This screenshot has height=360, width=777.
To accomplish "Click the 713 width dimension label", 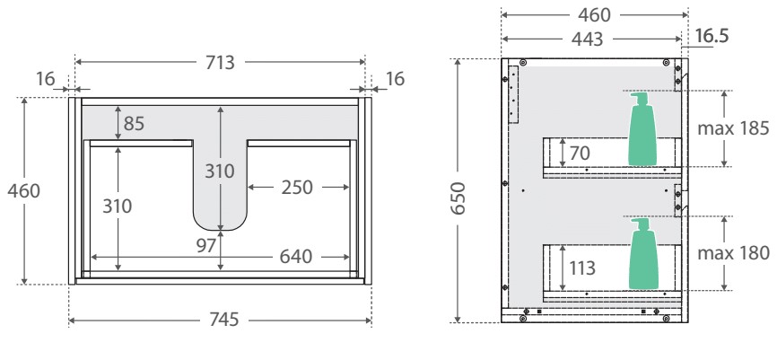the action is tap(220, 63).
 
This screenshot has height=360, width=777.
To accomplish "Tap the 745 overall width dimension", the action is tap(224, 320).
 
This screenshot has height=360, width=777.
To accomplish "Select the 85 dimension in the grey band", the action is tap(134, 124).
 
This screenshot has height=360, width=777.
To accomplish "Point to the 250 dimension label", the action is tap(297, 188).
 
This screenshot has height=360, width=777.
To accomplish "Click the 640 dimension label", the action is tap(296, 257).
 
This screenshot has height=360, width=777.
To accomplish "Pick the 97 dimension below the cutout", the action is tap(206, 245).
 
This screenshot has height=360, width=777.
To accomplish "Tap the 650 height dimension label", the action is tap(458, 198).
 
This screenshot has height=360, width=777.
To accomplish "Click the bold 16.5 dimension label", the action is tap(712, 36).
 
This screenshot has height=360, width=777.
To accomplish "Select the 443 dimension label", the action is tap(587, 40).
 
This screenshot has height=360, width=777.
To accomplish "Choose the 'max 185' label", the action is tap(733, 128).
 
